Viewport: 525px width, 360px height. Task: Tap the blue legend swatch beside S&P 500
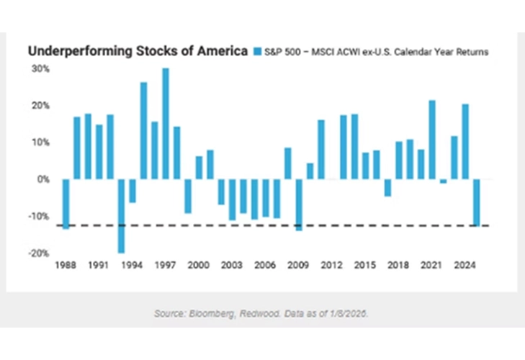260,51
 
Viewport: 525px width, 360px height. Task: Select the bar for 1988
66,204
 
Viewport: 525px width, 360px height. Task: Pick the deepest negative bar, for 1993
121,216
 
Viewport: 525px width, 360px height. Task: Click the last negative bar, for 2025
476,202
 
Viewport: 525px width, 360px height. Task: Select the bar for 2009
299,204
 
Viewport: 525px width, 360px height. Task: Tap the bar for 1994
133,191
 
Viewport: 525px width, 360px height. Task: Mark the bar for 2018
398,161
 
